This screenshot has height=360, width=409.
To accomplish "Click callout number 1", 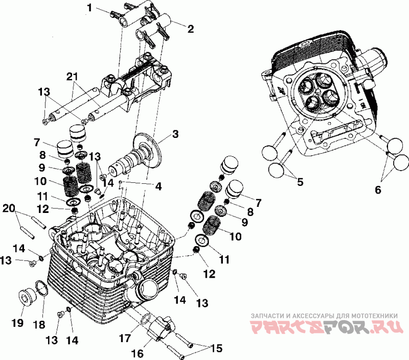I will pyautogui.click(x=90, y=8).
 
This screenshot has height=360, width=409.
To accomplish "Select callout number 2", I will pyautogui.click(x=190, y=29).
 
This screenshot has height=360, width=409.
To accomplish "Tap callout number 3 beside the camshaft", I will pyautogui.click(x=175, y=134).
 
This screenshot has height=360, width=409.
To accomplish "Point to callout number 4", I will pyautogui.click(x=158, y=187).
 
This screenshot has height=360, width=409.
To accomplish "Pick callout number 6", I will pyautogui.click(x=378, y=189).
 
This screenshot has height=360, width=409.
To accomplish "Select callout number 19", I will pyautogui.click(x=18, y=323).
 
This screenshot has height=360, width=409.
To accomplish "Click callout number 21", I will pyautogui.click(x=73, y=76).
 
